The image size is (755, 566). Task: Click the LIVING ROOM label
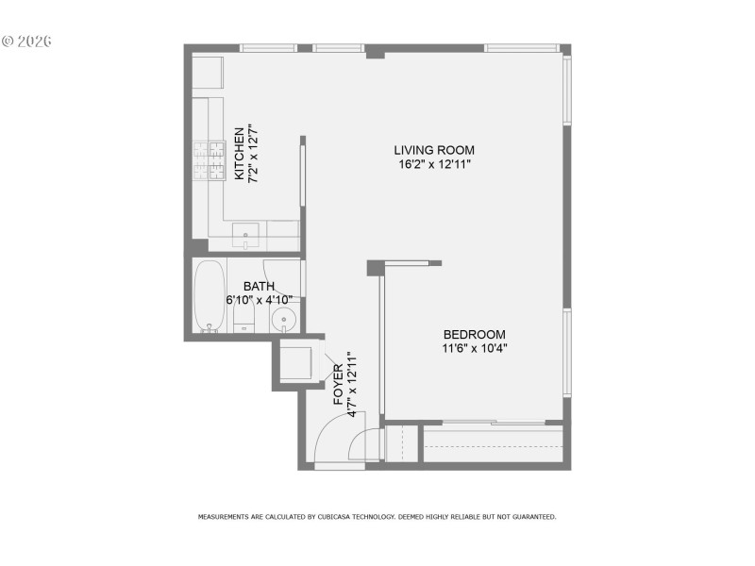434,150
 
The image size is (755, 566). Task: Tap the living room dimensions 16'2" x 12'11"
434,164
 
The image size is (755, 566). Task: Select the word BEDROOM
475,334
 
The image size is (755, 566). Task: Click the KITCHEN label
240,153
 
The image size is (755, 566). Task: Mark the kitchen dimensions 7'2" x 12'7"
253,153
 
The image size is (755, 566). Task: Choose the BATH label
259,287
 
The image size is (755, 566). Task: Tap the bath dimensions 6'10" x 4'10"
259,300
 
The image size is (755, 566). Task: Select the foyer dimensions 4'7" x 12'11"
352,385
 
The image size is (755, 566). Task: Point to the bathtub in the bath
210,293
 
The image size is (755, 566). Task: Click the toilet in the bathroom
243,321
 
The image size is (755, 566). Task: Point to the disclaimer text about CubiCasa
377,517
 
